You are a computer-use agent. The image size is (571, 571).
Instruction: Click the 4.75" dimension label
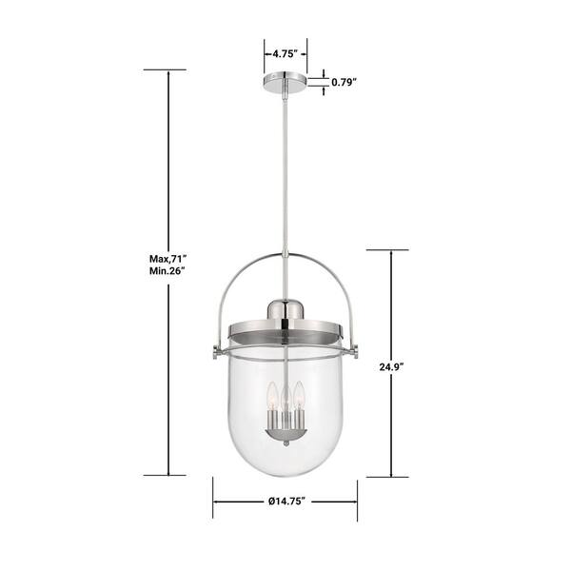[285, 54]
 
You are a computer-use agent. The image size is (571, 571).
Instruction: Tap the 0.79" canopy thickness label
[344, 82]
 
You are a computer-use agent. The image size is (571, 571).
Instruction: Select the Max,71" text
[167, 259]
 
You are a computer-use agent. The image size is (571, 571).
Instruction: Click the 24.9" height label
[392, 367]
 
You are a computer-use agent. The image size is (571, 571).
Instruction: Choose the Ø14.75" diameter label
[286, 502]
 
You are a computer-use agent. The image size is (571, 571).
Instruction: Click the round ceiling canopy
[285, 82]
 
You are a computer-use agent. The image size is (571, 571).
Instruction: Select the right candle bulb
[299, 396]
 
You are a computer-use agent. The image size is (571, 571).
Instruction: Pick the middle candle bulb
[285, 401]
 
